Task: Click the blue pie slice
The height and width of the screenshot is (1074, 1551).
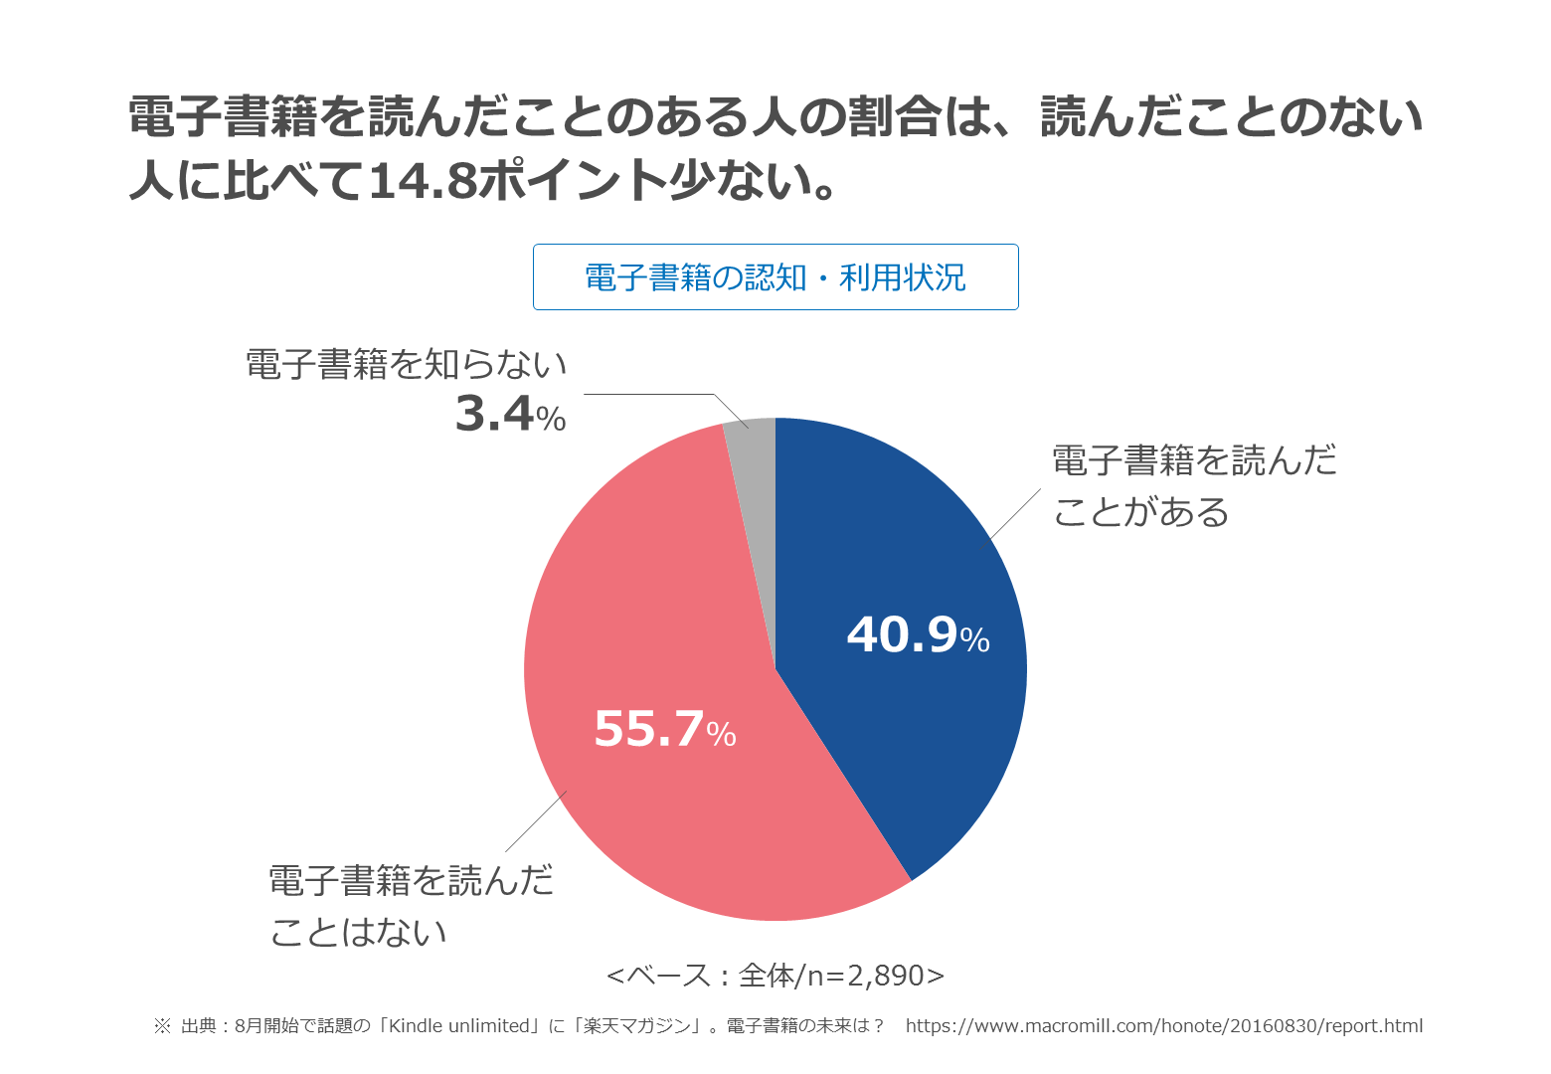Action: tap(895, 557)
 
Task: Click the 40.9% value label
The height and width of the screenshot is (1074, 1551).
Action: tap(917, 635)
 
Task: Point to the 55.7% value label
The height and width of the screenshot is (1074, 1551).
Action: tap(664, 729)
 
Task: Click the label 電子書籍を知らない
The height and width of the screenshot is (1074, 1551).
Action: tap(406, 365)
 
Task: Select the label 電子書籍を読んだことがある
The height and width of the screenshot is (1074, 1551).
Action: tap(1193, 486)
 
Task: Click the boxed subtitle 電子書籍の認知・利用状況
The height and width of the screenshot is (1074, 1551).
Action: tap(775, 277)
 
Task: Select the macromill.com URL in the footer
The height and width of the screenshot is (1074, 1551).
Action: tap(1163, 1026)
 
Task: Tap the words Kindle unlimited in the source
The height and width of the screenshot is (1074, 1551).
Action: tap(460, 1026)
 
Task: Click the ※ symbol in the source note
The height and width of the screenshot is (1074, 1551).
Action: tap(162, 1026)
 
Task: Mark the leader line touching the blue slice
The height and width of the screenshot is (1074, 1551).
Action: tap(1016, 513)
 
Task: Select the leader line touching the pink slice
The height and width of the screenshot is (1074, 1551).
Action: tap(536, 821)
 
